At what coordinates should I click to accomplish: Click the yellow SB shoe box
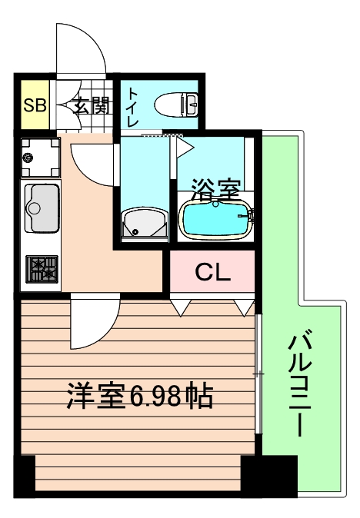(34, 105)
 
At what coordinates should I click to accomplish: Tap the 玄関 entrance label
(91, 105)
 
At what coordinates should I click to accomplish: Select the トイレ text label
(133, 105)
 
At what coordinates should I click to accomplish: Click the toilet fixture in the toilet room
(176, 103)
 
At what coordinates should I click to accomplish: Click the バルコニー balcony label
(301, 384)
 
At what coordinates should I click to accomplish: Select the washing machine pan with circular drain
(39, 158)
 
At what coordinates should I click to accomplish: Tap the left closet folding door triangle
(180, 308)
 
